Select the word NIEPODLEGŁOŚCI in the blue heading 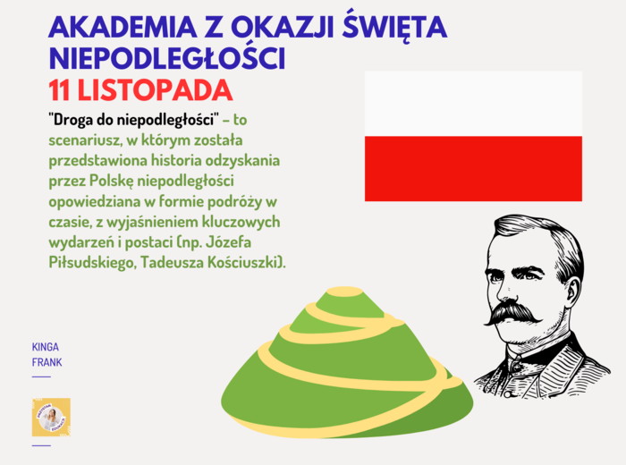166,58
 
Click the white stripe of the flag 473,104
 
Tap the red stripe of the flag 473,168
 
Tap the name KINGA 45,347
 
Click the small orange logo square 51,417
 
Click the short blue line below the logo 41,444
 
